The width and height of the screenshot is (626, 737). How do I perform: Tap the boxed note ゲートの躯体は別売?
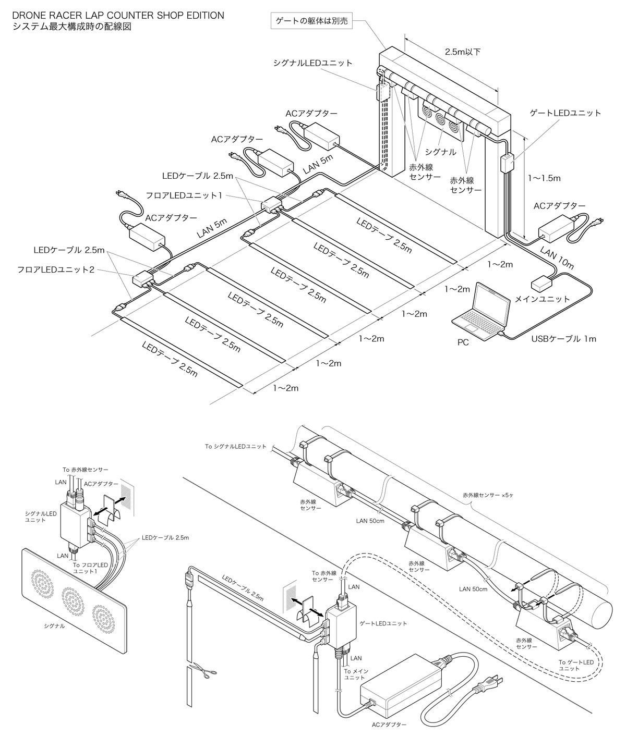pos(311,21)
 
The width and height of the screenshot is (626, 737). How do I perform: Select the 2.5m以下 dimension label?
pos(463,52)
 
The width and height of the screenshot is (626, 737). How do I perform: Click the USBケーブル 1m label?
pos(563,339)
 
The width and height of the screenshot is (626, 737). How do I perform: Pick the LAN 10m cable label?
pos(557,258)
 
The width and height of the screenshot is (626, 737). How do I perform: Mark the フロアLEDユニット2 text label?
pos(56,270)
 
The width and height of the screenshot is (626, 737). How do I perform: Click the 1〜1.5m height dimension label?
pos(544,178)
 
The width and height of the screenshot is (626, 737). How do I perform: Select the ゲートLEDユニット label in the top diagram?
pos(565,113)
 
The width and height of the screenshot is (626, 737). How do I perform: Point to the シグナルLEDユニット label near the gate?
pos(312,63)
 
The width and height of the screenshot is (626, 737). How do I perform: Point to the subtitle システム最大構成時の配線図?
pos(72,27)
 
